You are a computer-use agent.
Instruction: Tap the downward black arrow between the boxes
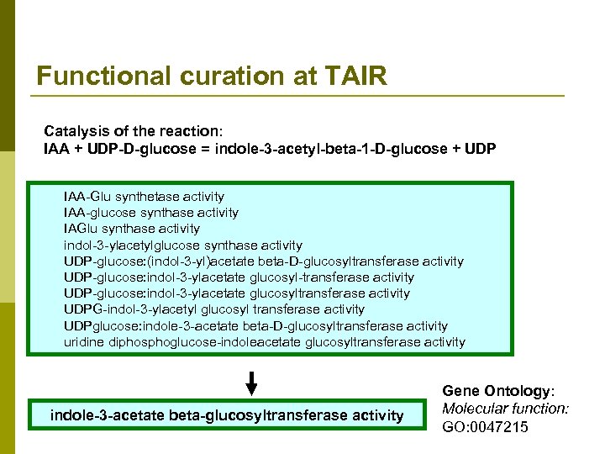[x=251, y=383]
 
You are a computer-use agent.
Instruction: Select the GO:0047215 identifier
[x=485, y=426]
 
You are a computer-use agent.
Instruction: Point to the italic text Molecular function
[x=505, y=409]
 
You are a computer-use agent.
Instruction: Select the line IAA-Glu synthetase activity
[x=144, y=197]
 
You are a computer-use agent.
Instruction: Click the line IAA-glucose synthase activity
[x=151, y=213]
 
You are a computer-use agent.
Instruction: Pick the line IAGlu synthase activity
[x=132, y=229]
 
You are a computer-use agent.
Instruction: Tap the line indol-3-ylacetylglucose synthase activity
[x=182, y=245]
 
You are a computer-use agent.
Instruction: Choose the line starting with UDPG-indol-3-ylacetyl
[x=214, y=309]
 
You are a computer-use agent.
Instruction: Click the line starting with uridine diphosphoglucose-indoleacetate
[x=264, y=342]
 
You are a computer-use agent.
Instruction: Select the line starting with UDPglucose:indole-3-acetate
[x=255, y=326]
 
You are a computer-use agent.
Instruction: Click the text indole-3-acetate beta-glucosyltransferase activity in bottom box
[x=227, y=415]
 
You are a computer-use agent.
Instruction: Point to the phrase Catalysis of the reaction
[x=133, y=132]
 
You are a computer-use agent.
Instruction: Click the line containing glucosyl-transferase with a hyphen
[x=239, y=277]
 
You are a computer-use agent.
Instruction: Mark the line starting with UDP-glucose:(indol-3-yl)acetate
[x=263, y=261]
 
